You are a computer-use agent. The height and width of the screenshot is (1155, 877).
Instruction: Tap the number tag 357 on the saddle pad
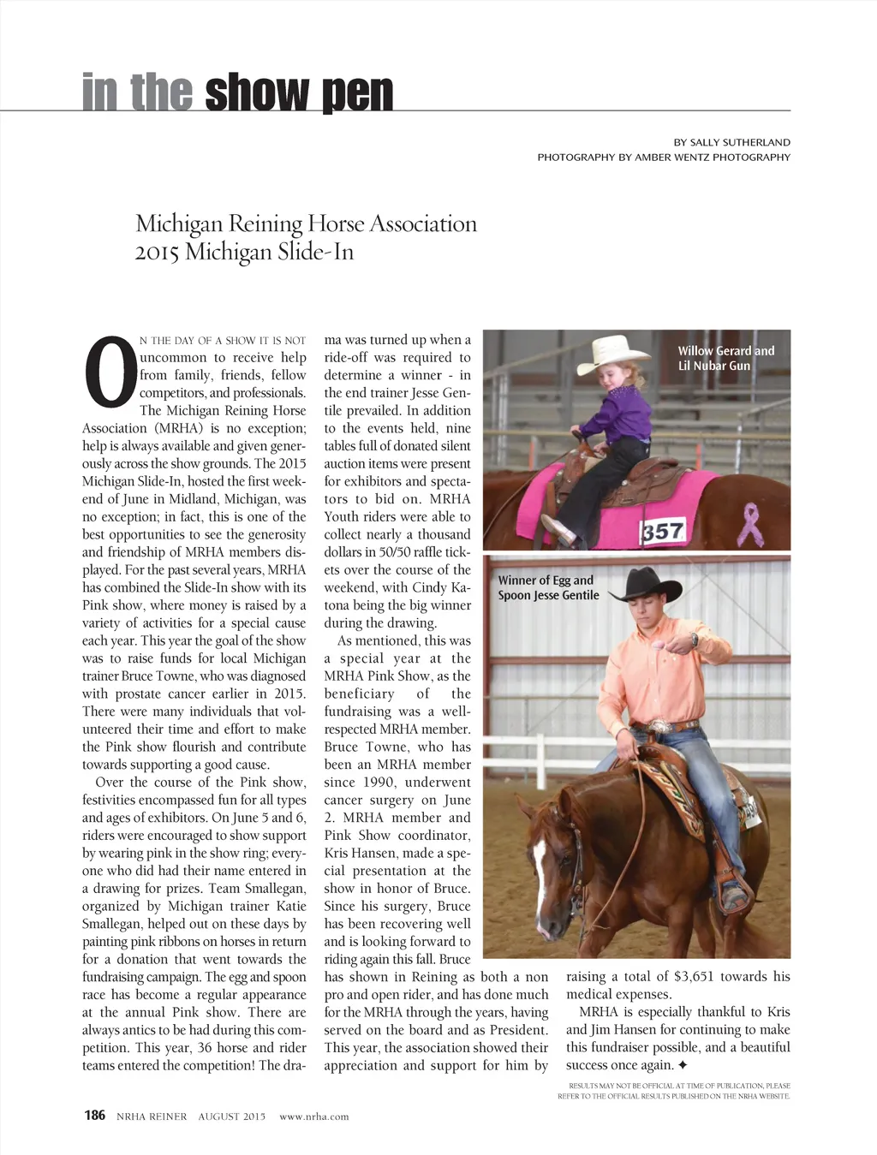click(x=664, y=532)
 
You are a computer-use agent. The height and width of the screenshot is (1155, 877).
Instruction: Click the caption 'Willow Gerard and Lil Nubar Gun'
click(x=725, y=358)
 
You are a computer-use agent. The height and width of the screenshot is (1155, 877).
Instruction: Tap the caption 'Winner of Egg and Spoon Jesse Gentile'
click(x=548, y=587)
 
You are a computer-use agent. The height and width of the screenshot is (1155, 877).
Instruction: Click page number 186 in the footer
click(x=94, y=1115)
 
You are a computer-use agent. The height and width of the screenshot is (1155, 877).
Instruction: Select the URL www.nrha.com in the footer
click(x=314, y=1116)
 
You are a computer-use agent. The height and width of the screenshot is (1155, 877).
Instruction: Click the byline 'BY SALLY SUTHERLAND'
click(x=731, y=142)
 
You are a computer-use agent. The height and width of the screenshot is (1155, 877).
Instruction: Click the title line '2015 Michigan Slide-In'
click(x=244, y=253)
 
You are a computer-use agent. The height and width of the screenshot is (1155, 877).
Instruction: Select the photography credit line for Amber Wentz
click(x=664, y=158)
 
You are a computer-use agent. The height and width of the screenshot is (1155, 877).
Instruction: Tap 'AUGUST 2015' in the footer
click(x=232, y=1116)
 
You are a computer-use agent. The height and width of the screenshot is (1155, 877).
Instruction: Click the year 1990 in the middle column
click(x=378, y=782)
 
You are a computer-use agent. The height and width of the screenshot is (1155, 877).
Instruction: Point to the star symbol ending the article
click(x=683, y=1065)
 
